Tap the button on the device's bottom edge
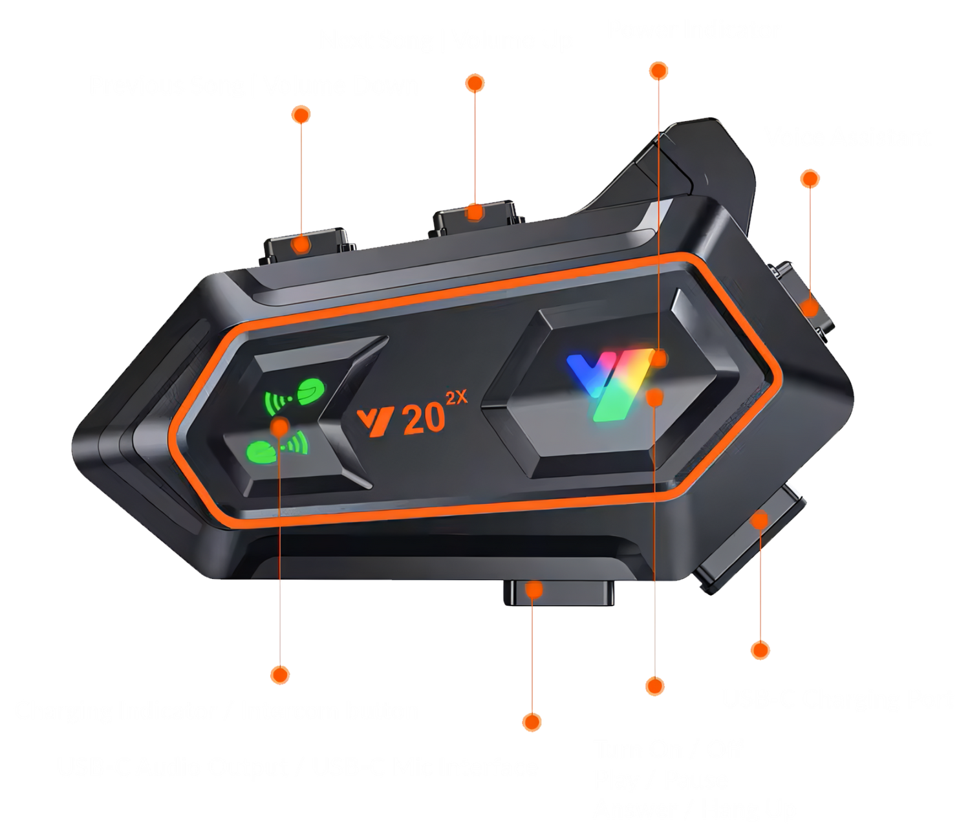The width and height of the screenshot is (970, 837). pos(559,592)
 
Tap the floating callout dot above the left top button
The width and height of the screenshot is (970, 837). pos(301,114)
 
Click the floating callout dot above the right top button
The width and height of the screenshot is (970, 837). pos(475,83)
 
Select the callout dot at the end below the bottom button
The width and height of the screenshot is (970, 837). pos(532,722)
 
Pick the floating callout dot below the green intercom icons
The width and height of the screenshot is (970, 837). pos(280,675)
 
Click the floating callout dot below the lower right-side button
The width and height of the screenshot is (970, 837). pos(760,650)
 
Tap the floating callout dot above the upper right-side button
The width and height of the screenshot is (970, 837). pos(810,179)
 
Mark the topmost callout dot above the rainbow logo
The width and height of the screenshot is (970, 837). pos(659,71)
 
